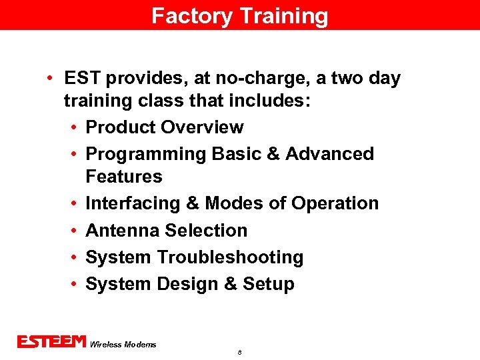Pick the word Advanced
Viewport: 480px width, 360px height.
coord(329,154)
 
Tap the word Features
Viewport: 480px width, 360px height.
coord(124,177)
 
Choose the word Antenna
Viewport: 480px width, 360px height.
coord(123,231)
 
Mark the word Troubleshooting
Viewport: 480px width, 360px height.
coord(230,257)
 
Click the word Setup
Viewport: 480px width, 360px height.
coord(269,284)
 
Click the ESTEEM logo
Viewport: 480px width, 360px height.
coord(51,342)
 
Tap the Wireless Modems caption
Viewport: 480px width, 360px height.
coord(123,345)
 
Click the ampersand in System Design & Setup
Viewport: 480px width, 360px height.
coord(231,284)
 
